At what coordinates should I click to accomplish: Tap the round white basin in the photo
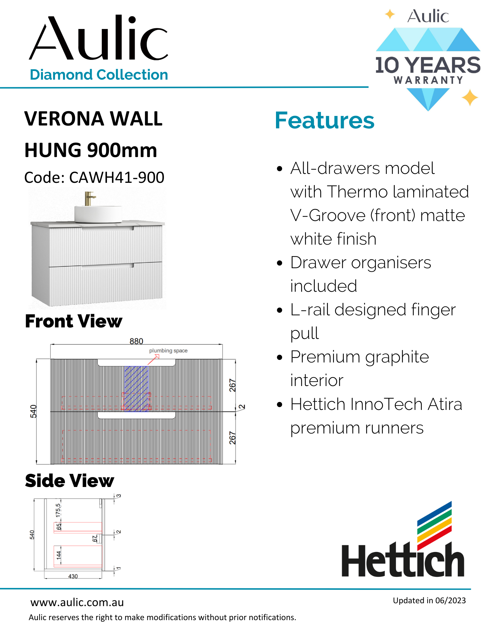tap(98, 213)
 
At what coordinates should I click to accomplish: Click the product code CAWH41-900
tap(117, 178)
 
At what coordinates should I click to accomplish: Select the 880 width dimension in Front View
tap(136, 341)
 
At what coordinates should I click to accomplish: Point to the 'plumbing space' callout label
tap(168, 351)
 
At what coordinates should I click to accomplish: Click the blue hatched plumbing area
tap(136, 389)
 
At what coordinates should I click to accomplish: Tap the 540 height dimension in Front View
tap(33, 411)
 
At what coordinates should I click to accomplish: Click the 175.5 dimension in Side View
tap(58, 510)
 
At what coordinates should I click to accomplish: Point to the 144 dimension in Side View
tap(59, 555)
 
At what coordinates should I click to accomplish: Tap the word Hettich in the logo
tap(402, 561)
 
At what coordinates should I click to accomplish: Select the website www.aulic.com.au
tap(77, 603)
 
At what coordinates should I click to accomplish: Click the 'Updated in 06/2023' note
tap(429, 601)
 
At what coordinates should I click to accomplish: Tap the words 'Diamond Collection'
tap(99, 75)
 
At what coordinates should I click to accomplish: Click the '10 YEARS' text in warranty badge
tap(428, 65)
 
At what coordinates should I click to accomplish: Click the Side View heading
tap(69, 481)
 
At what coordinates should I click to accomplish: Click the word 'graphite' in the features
tap(397, 357)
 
